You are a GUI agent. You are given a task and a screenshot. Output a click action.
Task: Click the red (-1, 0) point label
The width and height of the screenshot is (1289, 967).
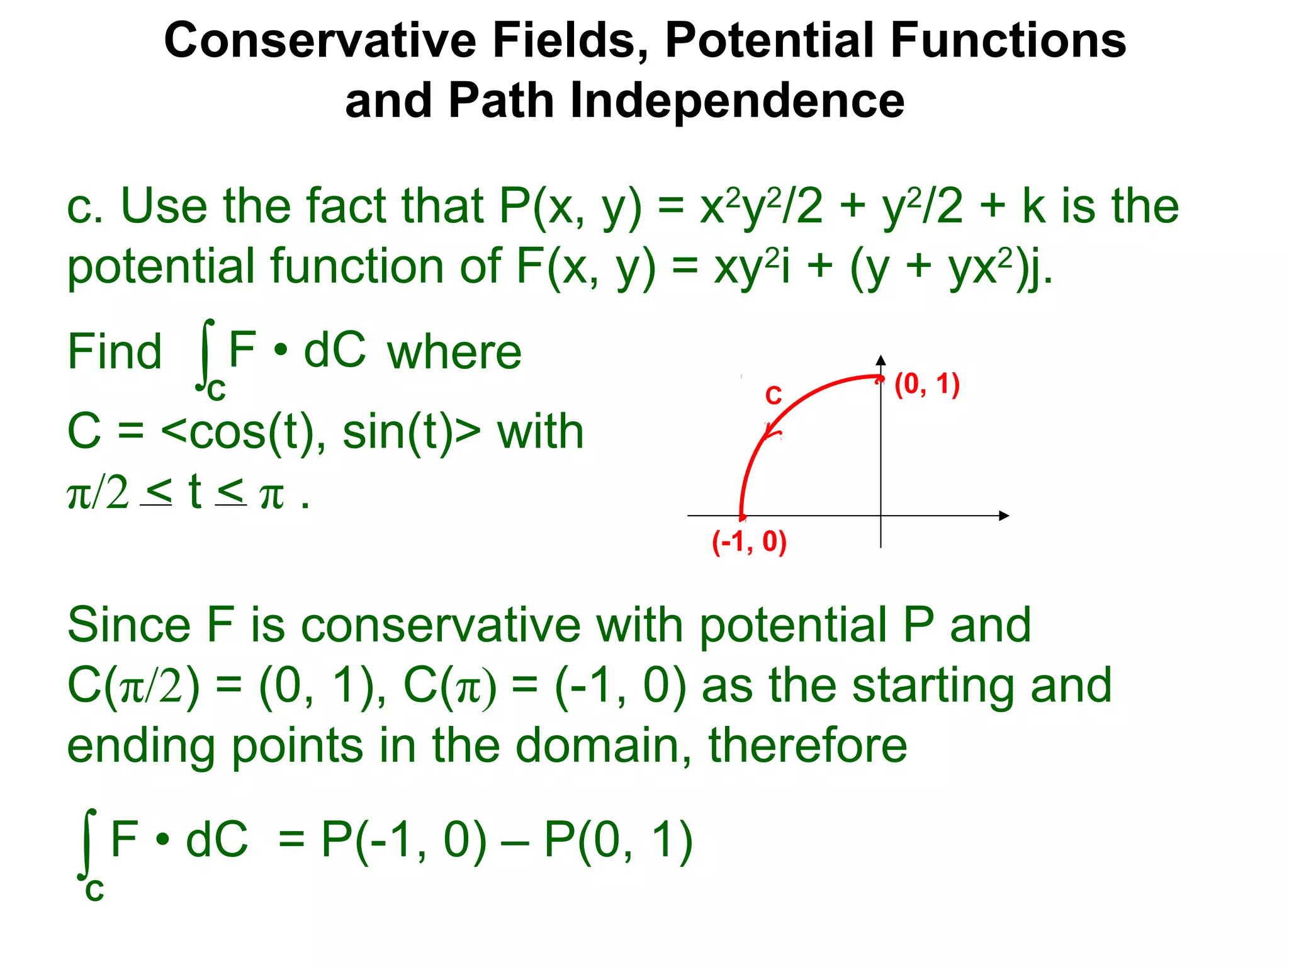coord(749,541)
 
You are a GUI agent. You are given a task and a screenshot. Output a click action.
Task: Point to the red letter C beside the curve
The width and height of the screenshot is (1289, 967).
coord(773,396)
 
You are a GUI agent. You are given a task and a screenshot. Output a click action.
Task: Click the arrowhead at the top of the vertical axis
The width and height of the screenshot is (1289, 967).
coord(881,361)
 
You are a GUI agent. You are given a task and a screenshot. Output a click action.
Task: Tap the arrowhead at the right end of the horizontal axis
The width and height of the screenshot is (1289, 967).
coord(1004,516)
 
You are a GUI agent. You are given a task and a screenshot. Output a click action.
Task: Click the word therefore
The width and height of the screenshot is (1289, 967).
coord(808,745)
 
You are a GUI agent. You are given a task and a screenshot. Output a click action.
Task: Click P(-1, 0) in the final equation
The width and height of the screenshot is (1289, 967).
coord(403,840)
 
